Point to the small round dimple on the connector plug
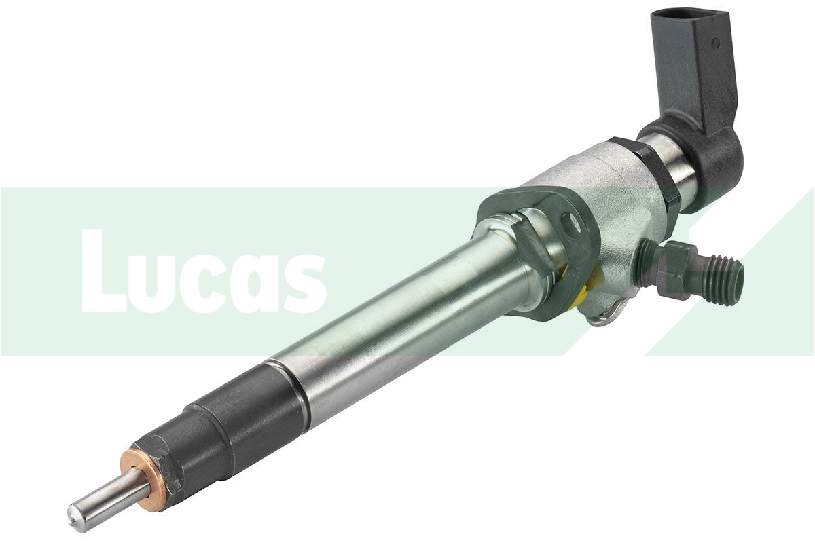click(x=714, y=42)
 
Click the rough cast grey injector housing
click(x=598, y=197)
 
